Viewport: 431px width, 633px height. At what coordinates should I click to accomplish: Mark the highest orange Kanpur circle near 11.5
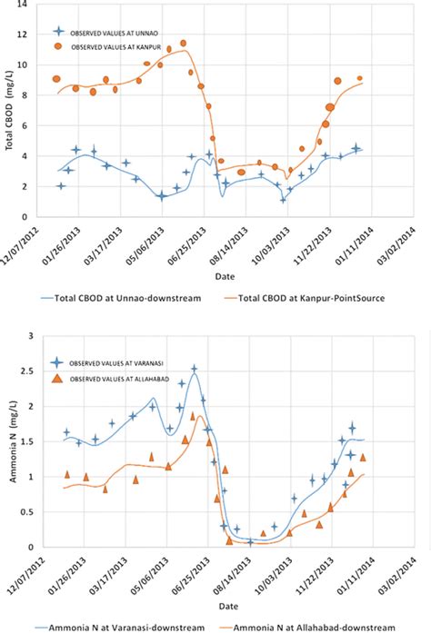click(183, 43)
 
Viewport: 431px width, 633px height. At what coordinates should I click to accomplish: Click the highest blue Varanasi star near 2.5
click(194, 369)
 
